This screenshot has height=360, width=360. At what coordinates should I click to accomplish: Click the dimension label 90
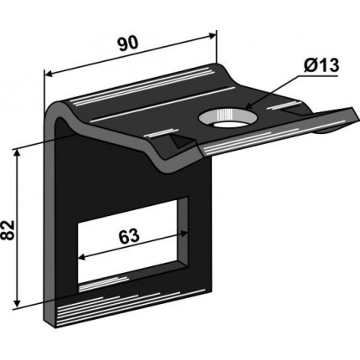click(127, 44)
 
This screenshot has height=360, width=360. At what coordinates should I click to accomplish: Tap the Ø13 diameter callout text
click(321, 65)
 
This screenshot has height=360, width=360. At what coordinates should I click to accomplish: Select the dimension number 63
click(129, 236)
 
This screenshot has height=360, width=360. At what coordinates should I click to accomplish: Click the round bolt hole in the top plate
click(228, 118)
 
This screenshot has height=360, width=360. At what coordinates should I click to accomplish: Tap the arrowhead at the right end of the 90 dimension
click(213, 36)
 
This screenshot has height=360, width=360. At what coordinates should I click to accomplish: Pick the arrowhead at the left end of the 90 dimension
click(49, 74)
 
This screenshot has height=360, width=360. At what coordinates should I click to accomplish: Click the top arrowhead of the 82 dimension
click(18, 152)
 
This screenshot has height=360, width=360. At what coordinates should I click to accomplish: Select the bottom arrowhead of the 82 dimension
click(18, 304)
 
